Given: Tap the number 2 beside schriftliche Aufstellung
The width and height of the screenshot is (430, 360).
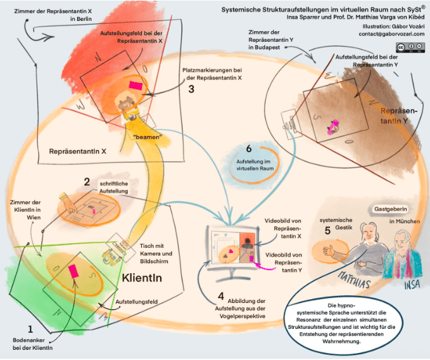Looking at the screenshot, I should (87, 183).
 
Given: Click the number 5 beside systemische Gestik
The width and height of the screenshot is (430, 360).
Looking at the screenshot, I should (327, 231).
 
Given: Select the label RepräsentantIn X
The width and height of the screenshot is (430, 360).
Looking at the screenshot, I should (77, 151).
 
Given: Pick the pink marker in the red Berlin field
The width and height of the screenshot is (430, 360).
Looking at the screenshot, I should (136, 84).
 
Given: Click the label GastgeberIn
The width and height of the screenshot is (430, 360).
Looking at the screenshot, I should (390, 208).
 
